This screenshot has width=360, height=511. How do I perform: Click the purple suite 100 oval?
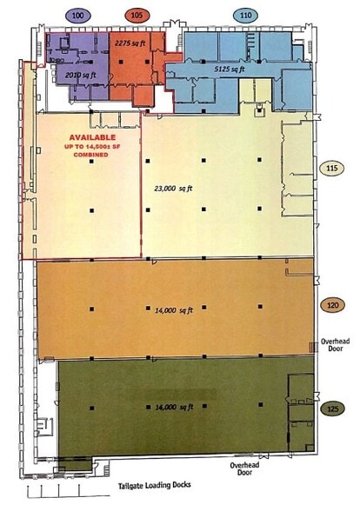click(77, 16)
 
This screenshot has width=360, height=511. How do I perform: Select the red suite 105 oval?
click(137, 16)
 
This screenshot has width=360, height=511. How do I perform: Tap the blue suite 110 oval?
click(246, 16)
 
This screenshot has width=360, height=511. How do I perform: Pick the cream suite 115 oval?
click(332, 169)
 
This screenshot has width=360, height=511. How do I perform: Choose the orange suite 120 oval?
click(332, 305)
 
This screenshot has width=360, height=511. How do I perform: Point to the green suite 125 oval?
click(332, 408)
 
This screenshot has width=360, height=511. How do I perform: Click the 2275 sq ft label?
click(130, 43)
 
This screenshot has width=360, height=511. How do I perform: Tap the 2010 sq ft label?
click(81, 76)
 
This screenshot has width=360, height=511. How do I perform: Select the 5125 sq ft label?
click(230, 70)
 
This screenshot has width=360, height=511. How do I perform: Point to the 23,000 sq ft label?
click(173, 189)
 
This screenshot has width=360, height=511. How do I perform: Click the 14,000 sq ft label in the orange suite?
click(174, 310)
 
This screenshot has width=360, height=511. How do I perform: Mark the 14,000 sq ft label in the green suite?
click(174, 408)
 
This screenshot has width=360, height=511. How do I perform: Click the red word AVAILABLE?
click(92, 137)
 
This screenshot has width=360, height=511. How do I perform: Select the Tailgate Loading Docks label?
click(154, 485)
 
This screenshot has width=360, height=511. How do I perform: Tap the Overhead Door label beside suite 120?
click(336, 345)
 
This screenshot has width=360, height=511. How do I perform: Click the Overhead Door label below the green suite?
click(244, 468)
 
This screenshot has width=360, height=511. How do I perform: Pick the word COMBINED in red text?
click(91, 155)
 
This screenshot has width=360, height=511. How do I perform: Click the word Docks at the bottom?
click(180, 485)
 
